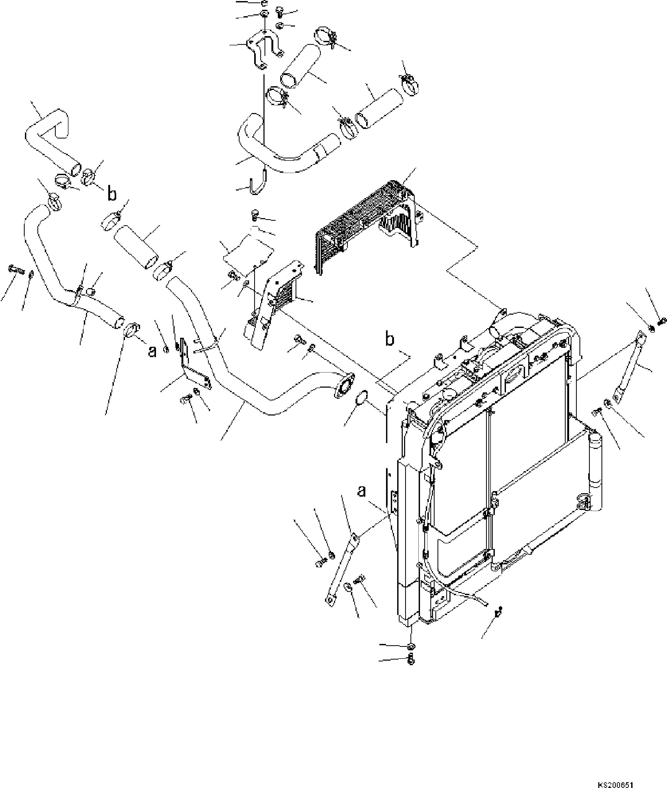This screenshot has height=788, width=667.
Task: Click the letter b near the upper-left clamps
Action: point(112,194)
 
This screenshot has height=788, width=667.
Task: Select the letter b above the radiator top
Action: point(389,339)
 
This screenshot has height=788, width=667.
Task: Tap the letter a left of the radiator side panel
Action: point(362,491)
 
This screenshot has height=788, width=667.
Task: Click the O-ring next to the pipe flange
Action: point(362,398)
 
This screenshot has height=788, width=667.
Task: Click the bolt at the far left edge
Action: point(15,270)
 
